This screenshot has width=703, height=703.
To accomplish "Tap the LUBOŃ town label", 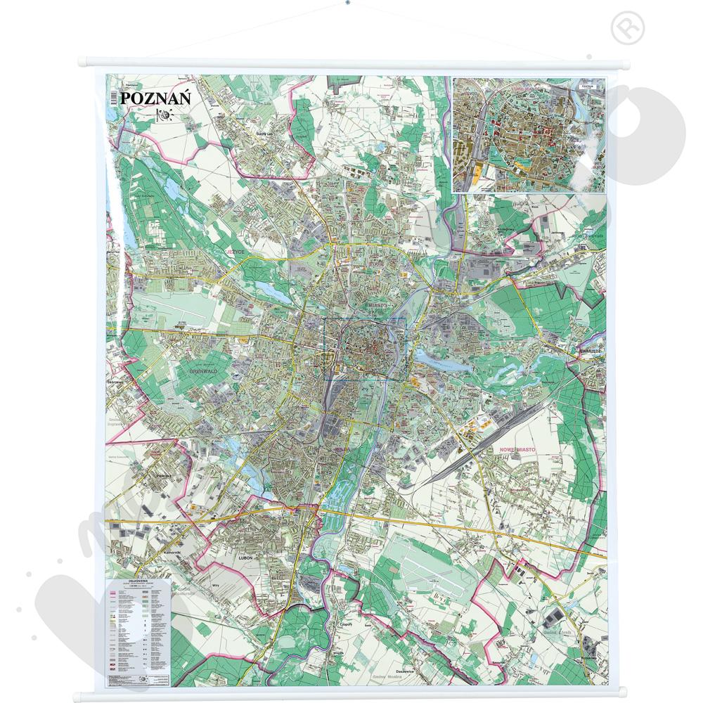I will tap(245, 557).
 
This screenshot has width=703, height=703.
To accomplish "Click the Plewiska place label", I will tap(165, 475).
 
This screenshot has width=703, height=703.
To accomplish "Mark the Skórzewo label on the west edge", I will tap(115, 381).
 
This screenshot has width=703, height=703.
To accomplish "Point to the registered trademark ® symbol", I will tap(621, 29).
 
